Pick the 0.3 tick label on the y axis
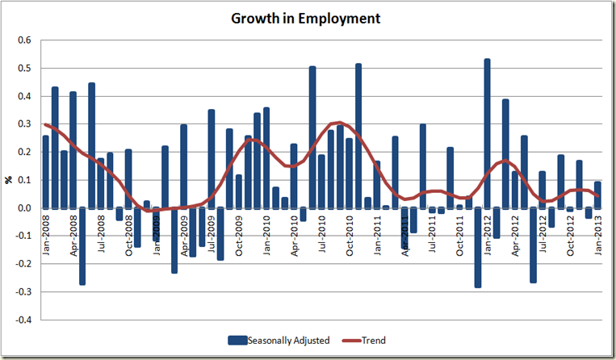click(x=24, y=124)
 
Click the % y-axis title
click(x=10, y=180)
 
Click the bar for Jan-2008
click(x=46, y=172)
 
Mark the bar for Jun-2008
click(x=92, y=145)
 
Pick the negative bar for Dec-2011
click(x=478, y=247)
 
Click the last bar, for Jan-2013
click(x=597, y=195)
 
